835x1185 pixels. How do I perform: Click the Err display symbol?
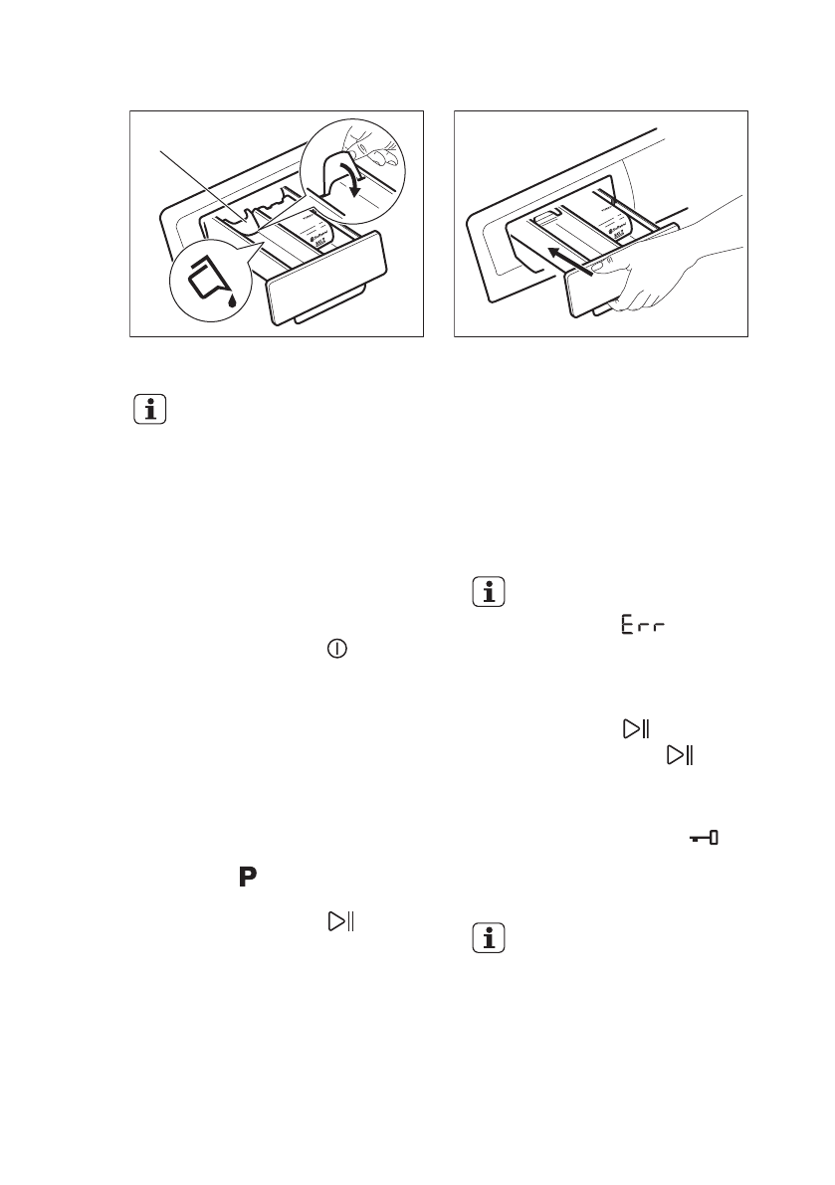[x=643, y=628]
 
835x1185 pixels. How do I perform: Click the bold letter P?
[x=246, y=877]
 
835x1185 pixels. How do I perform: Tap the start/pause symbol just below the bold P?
[x=337, y=921]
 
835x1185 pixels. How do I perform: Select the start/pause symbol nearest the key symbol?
[x=680, y=757]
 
